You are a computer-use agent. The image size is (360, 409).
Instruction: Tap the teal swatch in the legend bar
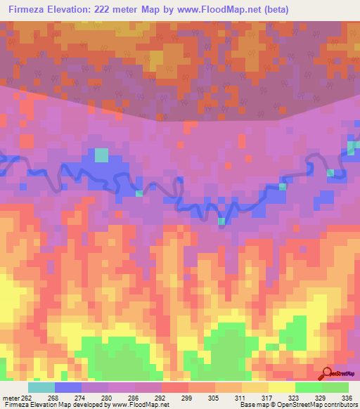click(x=41, y=387)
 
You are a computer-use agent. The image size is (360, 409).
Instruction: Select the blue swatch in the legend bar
click(x=68, y=387)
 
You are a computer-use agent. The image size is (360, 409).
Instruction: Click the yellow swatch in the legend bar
click(x=282, y=387)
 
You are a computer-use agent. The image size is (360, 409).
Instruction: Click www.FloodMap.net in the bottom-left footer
click(x=138, y=405)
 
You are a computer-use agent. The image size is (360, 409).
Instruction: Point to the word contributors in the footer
click(x=339, y=405)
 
